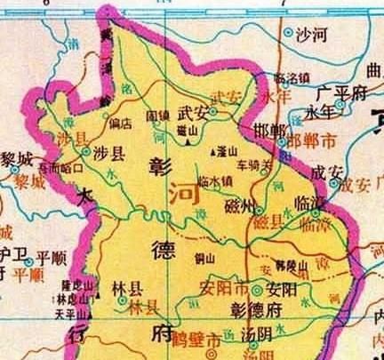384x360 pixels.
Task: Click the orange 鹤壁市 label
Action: pos(199,340)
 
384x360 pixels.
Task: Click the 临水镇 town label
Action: pos(215,180)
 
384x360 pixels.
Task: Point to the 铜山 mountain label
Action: pos(204,258)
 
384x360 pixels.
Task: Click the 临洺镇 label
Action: pos(292,77)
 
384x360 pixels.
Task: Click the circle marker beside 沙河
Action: pos(289,32)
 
